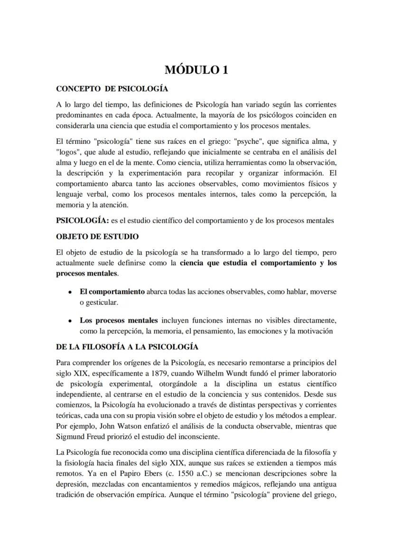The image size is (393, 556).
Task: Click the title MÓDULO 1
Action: click(x=196, y=70)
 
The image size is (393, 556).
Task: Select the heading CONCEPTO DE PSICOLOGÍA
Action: click(x=112, y=89)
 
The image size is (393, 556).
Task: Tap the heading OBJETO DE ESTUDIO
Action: click(x=97, y=236)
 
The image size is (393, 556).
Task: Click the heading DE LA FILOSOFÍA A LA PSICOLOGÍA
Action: click(x=127, y=347)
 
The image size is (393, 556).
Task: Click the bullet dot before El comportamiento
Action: click(x=70, y=292)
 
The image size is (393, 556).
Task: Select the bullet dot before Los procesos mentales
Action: click(x=70, y=321)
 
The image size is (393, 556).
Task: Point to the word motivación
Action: click(x=312, y=331)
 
